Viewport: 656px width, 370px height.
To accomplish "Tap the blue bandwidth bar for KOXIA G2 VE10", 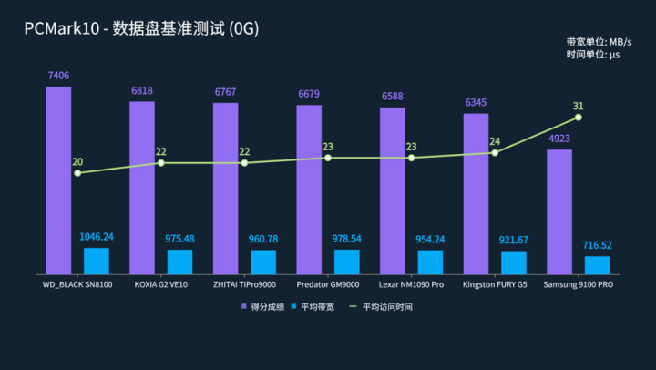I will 179,262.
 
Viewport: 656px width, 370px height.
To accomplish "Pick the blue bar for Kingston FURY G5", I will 514,262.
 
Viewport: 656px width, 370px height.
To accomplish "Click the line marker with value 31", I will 579,118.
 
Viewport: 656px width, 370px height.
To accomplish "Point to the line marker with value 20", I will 77,173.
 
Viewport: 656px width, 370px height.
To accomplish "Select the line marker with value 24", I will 495,153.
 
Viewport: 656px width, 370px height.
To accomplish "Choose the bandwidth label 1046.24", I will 97,237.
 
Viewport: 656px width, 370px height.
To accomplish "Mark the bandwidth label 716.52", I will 598,245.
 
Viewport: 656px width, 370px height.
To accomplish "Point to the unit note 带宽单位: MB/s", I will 599,42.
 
